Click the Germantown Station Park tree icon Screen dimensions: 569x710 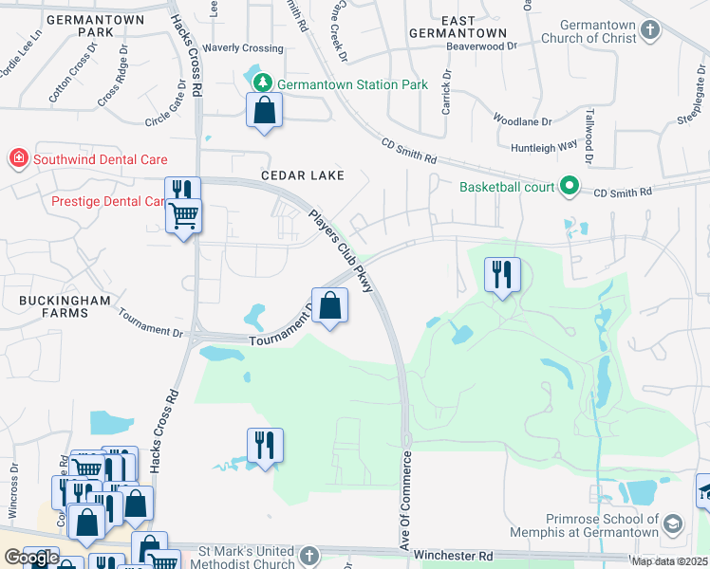tap(266, 84)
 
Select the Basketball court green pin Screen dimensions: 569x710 tap(570, 186)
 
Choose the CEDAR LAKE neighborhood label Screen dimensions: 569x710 tap(302, 176)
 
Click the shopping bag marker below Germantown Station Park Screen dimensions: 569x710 tap(265, 110)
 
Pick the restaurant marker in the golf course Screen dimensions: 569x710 tap(502, 275)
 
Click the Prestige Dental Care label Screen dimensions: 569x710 tap(108, 201)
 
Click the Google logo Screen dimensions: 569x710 tap(31, 559)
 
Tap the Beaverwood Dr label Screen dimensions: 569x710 tap(486, 45)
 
